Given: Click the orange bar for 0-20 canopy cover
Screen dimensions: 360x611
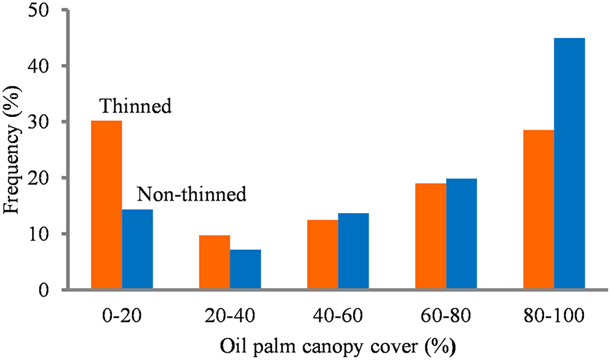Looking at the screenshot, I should pos(106,205).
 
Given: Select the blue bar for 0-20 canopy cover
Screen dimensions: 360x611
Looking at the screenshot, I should pos(137,249).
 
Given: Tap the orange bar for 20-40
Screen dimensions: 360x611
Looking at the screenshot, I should pos(215,262).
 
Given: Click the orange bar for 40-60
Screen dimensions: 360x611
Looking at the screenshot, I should pos(322,254).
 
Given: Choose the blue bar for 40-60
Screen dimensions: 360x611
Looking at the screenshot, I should pos(353,251).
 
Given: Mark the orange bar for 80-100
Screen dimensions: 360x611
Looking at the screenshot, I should pos(538,209).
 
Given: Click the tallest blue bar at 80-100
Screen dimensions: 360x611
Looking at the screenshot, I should pos(569,163).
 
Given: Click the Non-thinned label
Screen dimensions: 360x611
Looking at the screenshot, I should pos(191,195).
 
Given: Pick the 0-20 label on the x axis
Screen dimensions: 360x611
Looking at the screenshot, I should pos(122,318).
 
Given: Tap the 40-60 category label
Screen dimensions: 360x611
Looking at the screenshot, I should pos(338,318).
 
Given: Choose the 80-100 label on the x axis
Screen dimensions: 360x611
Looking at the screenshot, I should pos(554,318).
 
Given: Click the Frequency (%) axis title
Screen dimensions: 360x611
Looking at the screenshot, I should pos(14,149).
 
